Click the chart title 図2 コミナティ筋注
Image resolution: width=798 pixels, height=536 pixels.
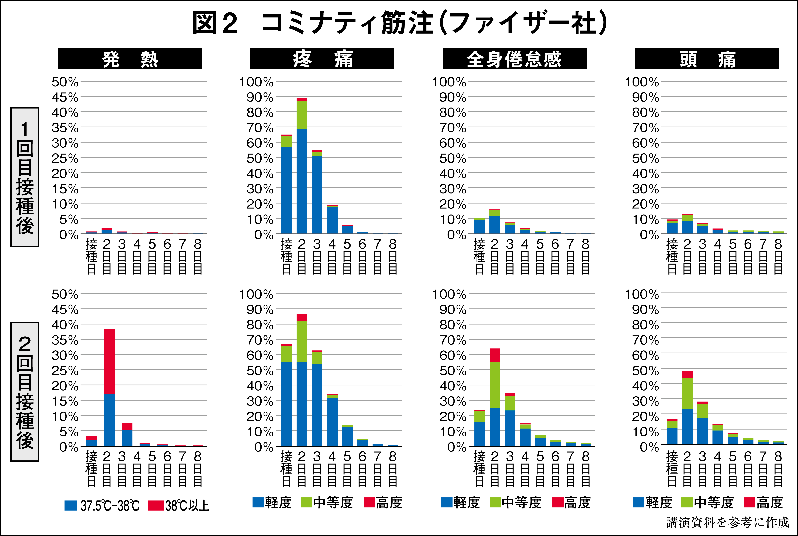399,23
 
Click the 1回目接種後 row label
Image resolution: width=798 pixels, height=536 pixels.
25,177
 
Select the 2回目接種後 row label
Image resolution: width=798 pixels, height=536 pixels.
25,392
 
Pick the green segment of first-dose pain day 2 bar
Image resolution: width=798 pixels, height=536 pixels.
302,115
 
